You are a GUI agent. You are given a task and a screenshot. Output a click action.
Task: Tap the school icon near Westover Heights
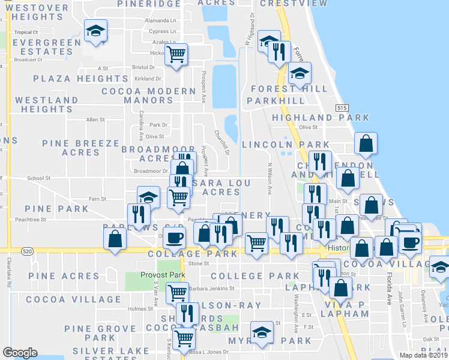point(95,31)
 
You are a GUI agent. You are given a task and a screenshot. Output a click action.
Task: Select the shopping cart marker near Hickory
point(176,55)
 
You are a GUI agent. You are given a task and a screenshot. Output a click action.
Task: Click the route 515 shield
point(342,107)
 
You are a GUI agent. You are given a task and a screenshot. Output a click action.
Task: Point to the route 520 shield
point(26,250)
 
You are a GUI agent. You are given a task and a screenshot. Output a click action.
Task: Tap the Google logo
point(20,353)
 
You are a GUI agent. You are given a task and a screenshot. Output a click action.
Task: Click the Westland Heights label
point(47,104)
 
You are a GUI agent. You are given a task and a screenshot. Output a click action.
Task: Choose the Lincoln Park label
point(286,145)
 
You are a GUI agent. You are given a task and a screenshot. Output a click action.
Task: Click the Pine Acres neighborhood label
point(64,276)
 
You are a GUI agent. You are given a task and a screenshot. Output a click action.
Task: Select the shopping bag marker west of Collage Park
point(115,238)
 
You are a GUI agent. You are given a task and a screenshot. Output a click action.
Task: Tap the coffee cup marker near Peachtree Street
point(174,238)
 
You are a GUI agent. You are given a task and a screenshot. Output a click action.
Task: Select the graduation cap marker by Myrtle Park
point(262,332)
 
